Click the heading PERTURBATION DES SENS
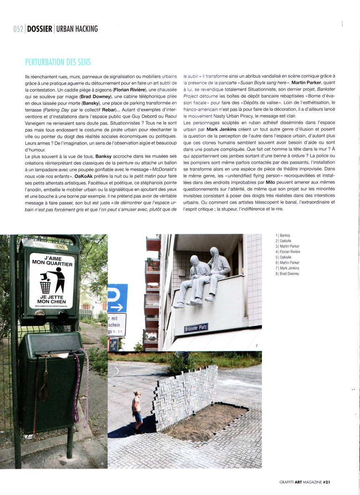pos(58,62)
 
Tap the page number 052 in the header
pos(18,29)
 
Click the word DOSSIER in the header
pos(40,29)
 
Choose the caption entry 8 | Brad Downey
pos(287,273)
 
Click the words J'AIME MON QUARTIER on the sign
pos(52,261)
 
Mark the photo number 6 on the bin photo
pos(102,463)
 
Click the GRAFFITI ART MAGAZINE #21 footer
pos(304,482)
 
